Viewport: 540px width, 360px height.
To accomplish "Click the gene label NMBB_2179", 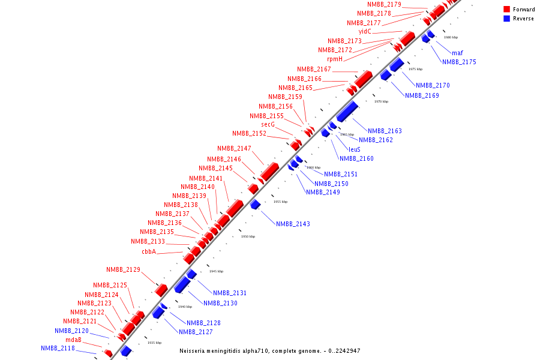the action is (384, 5).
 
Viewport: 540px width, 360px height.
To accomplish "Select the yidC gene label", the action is (365, 31).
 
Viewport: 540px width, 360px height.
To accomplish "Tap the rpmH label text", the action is (335, 59).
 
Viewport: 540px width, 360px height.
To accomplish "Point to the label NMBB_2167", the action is (314, 70).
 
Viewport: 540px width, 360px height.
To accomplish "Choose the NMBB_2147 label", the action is (234, 149).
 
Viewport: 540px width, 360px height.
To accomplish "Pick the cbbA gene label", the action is (149, 252).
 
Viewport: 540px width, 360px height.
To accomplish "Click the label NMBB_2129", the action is (123, 270).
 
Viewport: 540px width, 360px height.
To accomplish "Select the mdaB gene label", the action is (73, 340).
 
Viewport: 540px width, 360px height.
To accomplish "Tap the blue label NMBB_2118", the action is (58, 348).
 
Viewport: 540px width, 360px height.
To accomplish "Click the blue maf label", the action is (457, 53).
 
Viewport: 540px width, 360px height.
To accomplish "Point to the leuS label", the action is (355, 149).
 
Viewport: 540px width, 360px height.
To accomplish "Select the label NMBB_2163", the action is (385, 131).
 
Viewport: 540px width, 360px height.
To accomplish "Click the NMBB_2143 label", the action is (293, 224).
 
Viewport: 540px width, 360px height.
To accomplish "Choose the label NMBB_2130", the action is (220, 304).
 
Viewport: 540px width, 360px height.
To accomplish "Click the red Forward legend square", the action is (506, 10).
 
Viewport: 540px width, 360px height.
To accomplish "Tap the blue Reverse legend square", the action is (506, 19).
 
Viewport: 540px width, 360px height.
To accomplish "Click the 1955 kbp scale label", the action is (281, 202).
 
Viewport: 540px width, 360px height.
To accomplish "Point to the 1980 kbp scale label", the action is (451, 37).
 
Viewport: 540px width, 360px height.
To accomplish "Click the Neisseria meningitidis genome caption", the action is (270, 351).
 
